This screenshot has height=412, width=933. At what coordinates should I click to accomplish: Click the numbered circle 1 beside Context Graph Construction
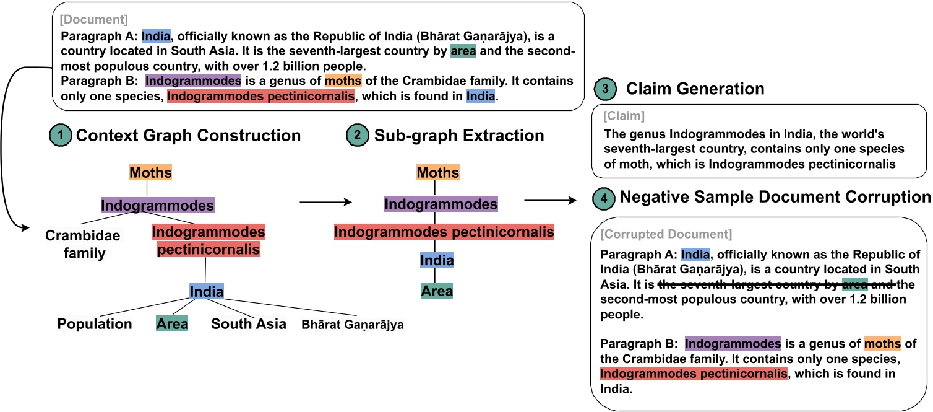pos(61,136)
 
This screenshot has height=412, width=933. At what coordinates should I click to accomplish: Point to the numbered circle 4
pos(604,198)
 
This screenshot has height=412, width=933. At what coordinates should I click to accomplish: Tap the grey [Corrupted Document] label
pos(666,234)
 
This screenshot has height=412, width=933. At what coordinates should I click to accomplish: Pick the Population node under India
pos(95,324)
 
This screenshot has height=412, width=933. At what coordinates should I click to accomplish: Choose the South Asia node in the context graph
pos(249,324)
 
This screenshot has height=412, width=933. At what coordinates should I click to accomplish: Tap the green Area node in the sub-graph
pos(437,291)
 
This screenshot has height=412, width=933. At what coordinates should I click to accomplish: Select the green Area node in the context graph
pos(172,324)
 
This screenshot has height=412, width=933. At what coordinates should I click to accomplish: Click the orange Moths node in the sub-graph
pos(438,173)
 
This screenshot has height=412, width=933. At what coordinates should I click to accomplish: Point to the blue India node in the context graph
pos(206,291)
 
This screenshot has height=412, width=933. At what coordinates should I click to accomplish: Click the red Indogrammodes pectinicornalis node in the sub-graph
pos(444,232)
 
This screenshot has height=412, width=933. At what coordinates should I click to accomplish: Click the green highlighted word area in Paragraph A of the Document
pos(463,51)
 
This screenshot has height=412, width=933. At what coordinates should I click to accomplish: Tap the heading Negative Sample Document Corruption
pos(775,198)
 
